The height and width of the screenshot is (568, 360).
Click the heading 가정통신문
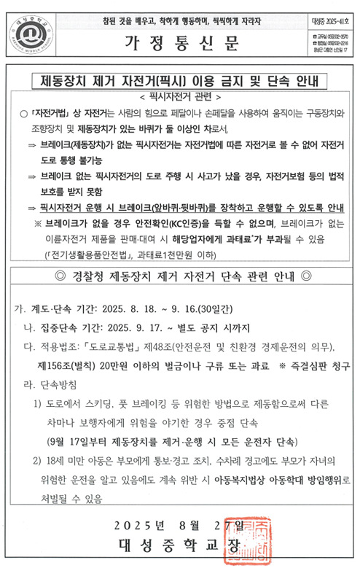(181, 42)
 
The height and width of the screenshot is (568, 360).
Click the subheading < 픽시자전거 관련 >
(181, 95)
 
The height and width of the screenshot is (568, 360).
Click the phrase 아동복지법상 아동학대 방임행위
(270, 481)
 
